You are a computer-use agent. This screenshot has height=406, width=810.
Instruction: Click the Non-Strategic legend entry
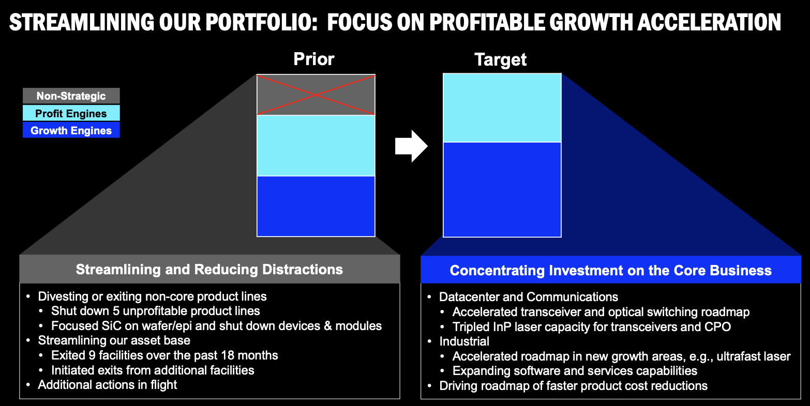[x=71, y=96]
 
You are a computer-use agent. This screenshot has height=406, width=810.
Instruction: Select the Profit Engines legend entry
[x=71, y=114]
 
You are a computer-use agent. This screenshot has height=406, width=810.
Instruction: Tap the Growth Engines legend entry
[x=71, y=131]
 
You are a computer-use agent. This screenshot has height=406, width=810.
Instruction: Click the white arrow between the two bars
[x=411, y=146]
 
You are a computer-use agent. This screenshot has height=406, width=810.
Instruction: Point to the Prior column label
[x=314, y=59]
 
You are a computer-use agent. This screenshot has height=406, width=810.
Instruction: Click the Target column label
[x=500, y=60]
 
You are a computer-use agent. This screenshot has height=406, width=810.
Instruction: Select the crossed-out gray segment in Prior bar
[x=316, y=95]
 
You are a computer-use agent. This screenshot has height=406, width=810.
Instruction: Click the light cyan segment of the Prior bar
[x=316, y=146]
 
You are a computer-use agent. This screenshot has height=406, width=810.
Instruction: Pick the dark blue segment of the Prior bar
[x=316, y=206]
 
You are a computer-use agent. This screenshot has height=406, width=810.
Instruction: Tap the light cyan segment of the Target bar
[x=502, y=107]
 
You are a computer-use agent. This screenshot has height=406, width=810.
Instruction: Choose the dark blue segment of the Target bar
[x=502, y=189]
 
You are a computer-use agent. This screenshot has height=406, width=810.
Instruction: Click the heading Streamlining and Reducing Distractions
[x=209, y=269]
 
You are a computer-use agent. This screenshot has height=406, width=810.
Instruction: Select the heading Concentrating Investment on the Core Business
[x=610, y=271]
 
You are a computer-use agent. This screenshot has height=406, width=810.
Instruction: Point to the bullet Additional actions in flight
[x=108, y=385]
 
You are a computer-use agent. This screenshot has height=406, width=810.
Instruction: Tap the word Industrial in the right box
[x=464, y=341]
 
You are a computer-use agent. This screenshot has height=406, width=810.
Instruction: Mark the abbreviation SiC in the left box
[x=108, y=326]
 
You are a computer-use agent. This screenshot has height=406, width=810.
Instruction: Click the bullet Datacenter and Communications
[x=528, y=297]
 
